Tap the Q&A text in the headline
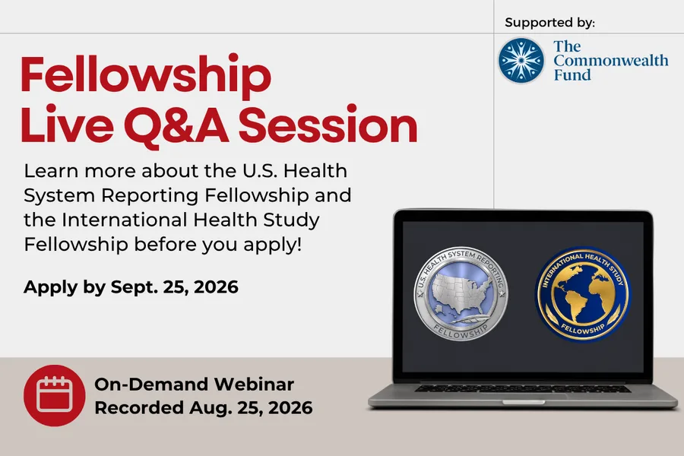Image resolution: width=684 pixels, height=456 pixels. pos(176,125)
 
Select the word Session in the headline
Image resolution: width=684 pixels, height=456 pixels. pos(328,125)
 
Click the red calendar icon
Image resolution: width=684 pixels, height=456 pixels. pos(55,395)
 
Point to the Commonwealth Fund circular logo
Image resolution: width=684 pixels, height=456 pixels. pos(521,61)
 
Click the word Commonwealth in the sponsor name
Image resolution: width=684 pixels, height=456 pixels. pos(611,60)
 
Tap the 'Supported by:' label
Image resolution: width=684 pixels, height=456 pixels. pos(549,22)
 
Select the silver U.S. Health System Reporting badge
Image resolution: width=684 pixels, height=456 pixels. pos(461,293)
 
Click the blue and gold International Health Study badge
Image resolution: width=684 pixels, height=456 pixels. pos(582,293)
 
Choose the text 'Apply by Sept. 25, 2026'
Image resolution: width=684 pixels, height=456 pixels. pos(131,287)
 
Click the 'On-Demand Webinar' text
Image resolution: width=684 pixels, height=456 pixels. pos(194,384)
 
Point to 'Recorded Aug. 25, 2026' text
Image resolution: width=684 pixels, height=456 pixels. pos(203,407)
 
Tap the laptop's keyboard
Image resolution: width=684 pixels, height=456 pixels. pos(523,388)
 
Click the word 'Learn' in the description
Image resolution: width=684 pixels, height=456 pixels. pos(51,170)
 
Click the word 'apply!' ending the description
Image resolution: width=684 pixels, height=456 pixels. pos(273,245)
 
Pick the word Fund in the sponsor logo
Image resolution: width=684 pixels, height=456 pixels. pos(572,75)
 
